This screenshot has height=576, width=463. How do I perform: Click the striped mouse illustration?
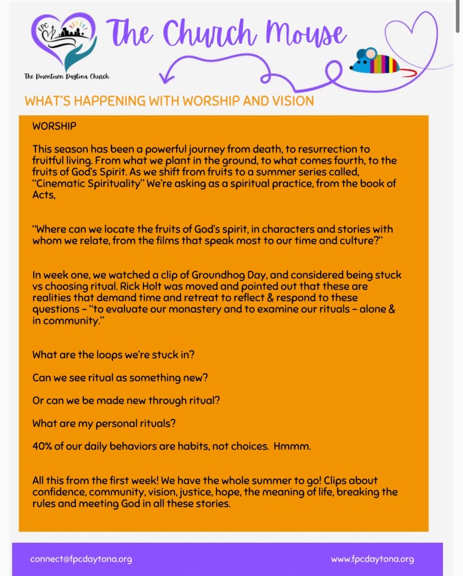(x=375, y=61)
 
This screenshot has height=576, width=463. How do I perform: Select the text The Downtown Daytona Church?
(x=66, y=76)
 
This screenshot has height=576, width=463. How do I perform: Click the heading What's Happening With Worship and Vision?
(x=169, y=101)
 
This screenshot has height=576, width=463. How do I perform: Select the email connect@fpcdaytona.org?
(x=81, y=559)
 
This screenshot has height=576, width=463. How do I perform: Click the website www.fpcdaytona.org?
(x=372, y=559)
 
